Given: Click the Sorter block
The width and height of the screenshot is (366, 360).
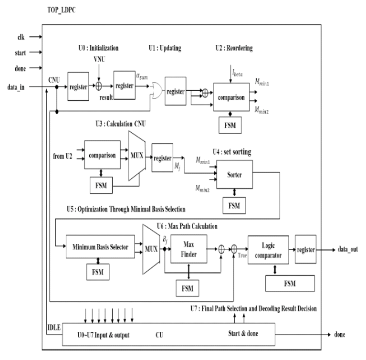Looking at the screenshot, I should pyautogui.click(x=235, y=175).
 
